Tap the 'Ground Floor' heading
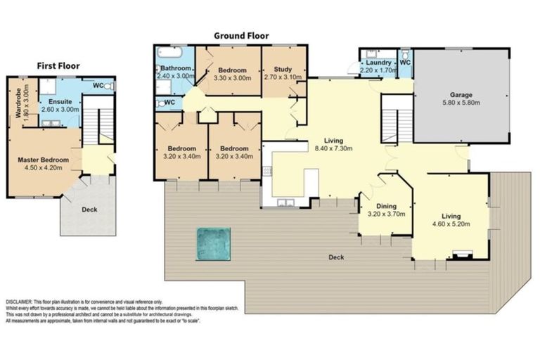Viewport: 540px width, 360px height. click(x=241, y=36)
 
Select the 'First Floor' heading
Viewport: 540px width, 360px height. click(x=58, y=65)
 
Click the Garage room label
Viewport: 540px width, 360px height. click(x=461, y=94)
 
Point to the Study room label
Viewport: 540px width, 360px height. click(x=283, y=69)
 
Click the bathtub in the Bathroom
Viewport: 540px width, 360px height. click(x=170, y=53)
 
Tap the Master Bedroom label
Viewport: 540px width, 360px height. click(x=43, y=160)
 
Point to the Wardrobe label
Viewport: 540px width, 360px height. click(x=18, y=103)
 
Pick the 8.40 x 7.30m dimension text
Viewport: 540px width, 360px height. click(x=333, y=148)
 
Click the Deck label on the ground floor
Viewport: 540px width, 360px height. click(x=336, y=257)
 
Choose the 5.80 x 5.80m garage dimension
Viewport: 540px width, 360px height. click(x=461, y=102)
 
